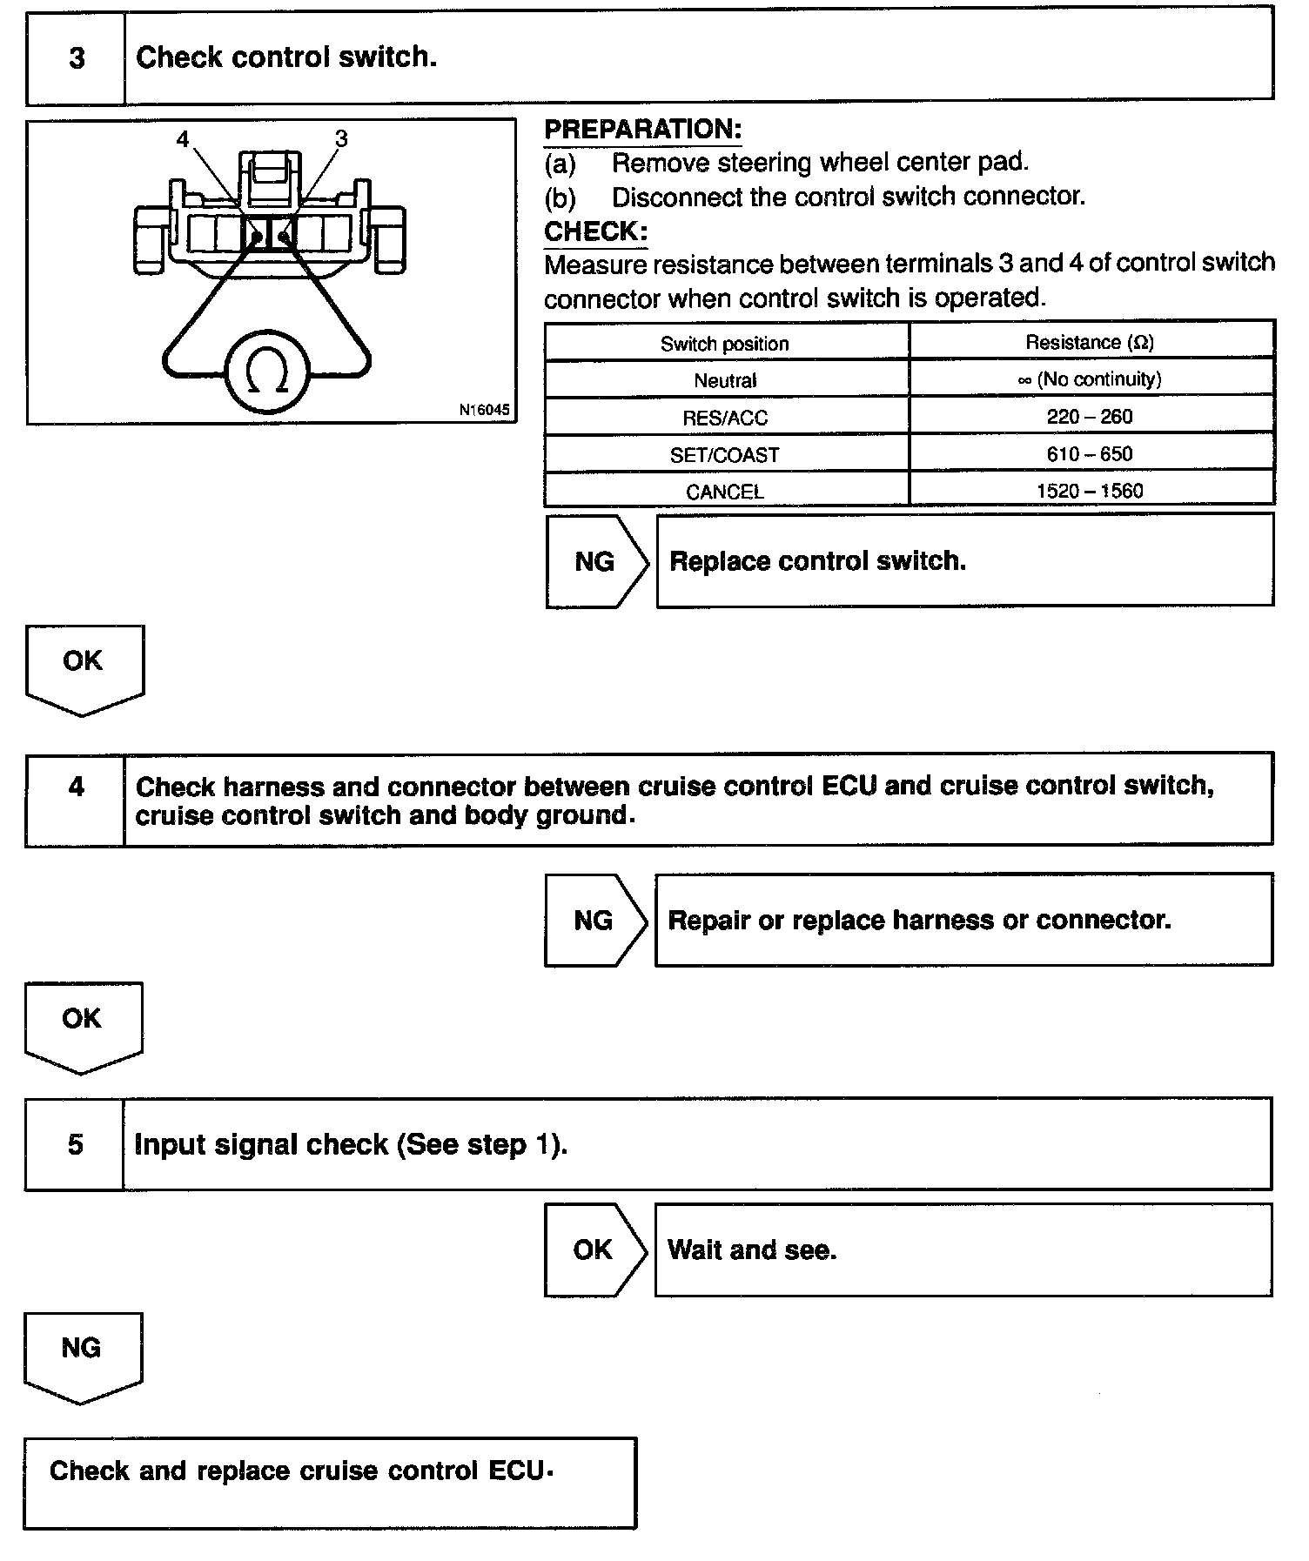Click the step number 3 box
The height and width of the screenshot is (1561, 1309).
[77, 58]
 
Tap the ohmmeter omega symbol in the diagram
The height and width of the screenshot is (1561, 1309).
[267, 372]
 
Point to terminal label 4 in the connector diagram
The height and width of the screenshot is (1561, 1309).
[183, 140]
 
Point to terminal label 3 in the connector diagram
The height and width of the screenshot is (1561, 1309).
[341, 139]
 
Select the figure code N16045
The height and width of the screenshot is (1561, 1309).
[485, 410]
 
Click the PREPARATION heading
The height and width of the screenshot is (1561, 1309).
[642, 130]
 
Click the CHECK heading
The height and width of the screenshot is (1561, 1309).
[595, 231]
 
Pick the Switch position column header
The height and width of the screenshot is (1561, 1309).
[725, 344]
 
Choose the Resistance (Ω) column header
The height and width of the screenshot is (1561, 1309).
[1090, 343]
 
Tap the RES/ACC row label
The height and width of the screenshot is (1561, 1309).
[725, 418]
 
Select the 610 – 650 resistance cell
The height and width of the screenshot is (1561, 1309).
[1090, 454]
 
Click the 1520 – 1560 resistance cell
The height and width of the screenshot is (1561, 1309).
[1090, 491]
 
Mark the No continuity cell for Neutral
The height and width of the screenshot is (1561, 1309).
[1090, 379]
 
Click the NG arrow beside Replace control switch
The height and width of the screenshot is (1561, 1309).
[596, 561]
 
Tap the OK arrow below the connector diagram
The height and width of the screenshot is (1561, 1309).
[84, 667]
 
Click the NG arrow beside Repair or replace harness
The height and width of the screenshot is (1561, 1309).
[595, 921]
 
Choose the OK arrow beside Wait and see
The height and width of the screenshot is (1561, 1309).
[594, 1250]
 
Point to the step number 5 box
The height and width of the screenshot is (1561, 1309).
[76, 1144]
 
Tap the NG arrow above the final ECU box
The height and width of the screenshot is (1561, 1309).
[82, 1354]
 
